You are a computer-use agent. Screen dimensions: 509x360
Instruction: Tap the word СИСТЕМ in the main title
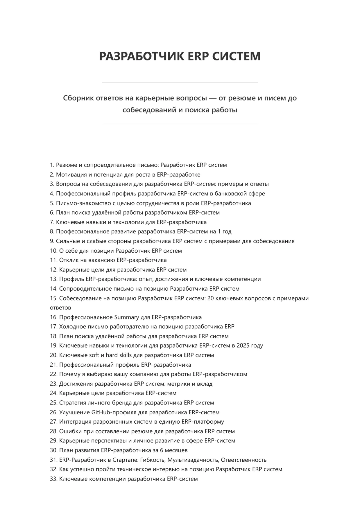pos(236,56)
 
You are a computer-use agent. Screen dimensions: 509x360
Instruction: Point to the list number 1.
pos(52,165)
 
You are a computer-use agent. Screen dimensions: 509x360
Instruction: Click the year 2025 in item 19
pos(243,346)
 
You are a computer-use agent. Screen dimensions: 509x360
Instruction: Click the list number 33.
pos(53,479)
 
